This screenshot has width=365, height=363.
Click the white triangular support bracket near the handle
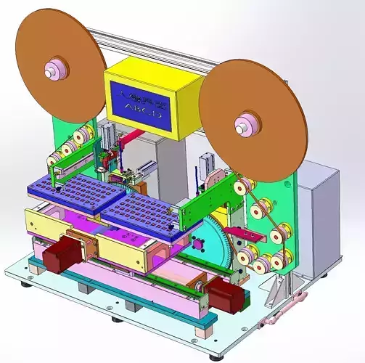coord(272,294)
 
